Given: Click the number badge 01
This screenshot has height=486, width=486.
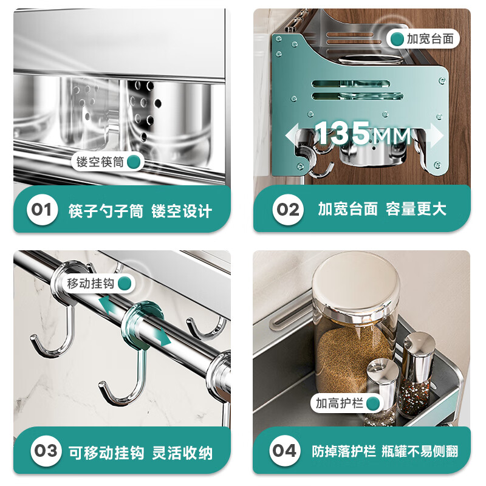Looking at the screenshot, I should click(x=42, y=210).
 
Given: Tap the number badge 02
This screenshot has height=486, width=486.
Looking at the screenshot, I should click(x=288, y=210).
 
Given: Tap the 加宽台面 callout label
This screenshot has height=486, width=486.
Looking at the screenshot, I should click(x=425, y=39).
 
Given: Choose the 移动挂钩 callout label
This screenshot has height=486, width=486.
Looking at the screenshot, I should click(x=97, y=283).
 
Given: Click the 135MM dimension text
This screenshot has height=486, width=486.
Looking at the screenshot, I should click(x=362, y=133).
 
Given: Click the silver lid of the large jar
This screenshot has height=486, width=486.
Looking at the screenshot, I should click(x=353, y=289).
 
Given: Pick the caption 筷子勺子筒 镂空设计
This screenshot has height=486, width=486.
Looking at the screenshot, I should click(x=140, y=211).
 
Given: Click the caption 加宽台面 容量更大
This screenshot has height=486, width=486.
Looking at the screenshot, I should click(x=382, y=209).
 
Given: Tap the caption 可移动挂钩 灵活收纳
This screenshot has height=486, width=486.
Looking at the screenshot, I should click(x=140, y=452).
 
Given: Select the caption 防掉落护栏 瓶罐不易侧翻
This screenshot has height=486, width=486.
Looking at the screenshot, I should click(x=385, y=451).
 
